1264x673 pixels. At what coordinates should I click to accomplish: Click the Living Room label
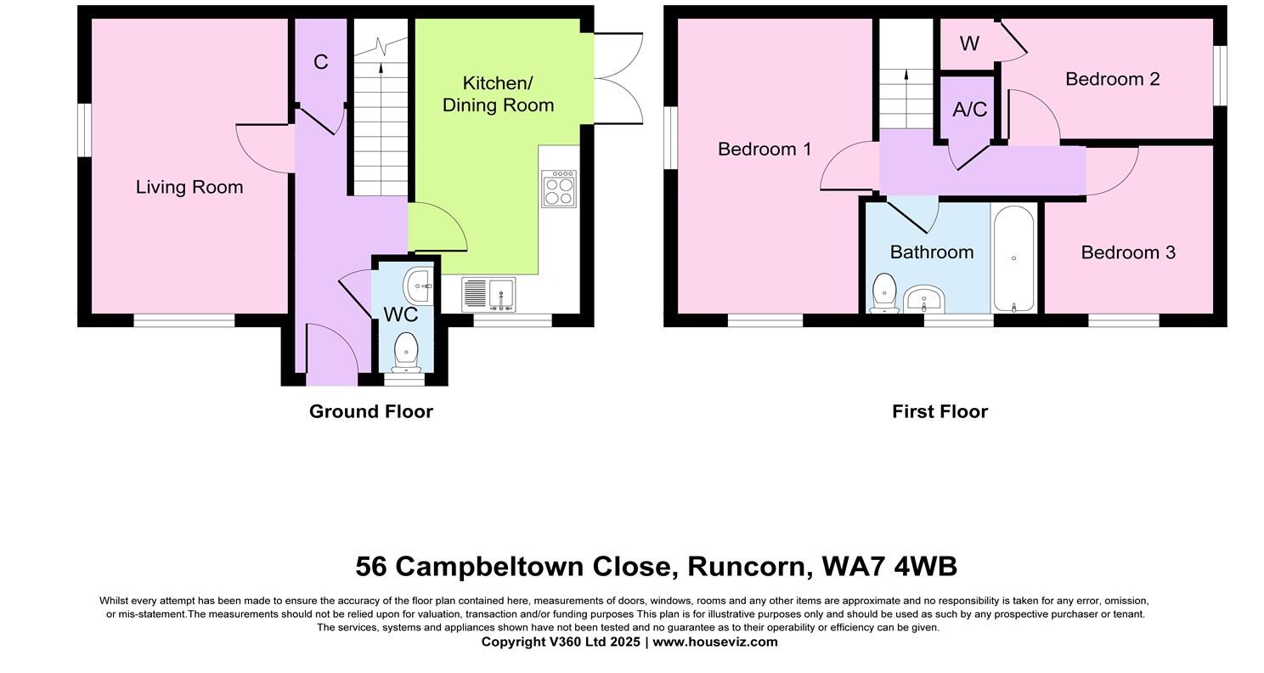(x=189, y=187)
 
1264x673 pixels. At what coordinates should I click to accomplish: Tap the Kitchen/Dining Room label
(x=498, y=94)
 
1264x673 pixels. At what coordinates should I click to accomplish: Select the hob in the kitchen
(x=559, y=189)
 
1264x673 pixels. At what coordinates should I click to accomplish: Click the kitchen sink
(x=488, y=295)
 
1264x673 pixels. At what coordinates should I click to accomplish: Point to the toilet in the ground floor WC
(x=407, y=350)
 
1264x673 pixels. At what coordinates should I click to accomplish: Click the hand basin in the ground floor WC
(x=419, y=286)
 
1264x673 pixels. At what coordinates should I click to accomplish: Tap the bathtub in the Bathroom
(x=1013, y=258)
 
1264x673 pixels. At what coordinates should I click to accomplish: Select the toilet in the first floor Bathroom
(x=884, y=293)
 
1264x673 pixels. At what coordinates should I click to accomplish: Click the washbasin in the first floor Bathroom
(x=923, y=299)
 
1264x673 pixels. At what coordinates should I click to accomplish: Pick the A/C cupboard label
(x=969, y=110)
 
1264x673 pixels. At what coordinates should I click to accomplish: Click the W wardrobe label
(x=969, y=44)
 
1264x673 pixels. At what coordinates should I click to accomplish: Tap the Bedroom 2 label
(x=1112, y=79)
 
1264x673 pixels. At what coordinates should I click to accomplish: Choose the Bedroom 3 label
(x=1128, y=252)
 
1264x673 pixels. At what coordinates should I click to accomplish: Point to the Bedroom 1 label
(x=765, y=150)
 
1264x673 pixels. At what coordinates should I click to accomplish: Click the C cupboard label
(x=320, y=62)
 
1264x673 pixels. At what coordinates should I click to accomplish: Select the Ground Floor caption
(x=371, y=411)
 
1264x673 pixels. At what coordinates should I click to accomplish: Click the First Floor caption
(x=940, y=411)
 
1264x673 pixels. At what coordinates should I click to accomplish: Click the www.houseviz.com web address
(x=714, y=642)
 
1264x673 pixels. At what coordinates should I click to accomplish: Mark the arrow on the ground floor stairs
(x=380, y=68)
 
